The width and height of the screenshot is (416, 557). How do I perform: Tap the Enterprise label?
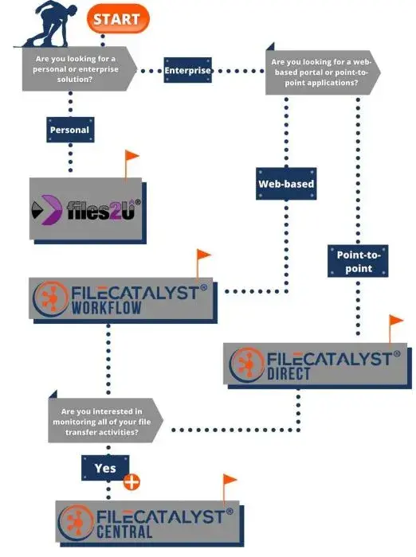[x=187, y=71]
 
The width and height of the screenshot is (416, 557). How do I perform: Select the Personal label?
[x=70, y=129]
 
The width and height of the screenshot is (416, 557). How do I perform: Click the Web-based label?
[x=286, y=183]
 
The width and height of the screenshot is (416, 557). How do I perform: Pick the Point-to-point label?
[x=358, y=261]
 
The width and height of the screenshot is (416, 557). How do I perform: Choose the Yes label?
[x=105, y=468]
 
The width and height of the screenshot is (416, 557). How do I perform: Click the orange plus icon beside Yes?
[x=131, y=482]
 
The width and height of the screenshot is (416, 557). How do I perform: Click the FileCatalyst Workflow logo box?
[x=123, y=299]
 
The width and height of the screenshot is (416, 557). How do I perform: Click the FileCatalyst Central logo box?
[x=147, y=522]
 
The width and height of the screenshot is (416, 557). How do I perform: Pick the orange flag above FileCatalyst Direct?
[x=396, y=322]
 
